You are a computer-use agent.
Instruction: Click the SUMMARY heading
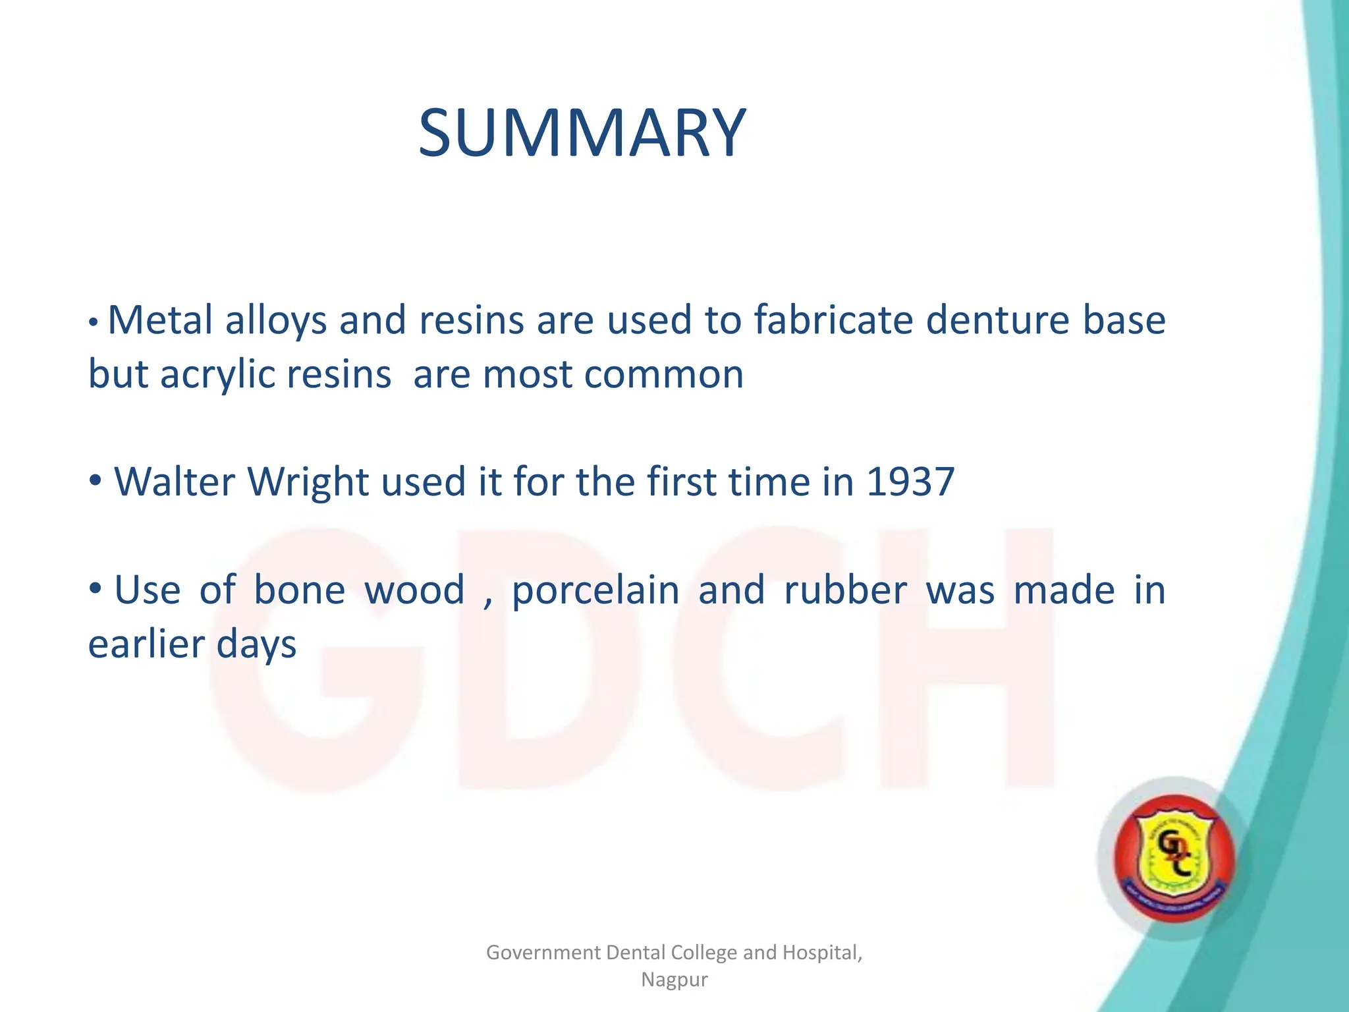(582, 134)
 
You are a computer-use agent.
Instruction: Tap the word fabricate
(832, 321)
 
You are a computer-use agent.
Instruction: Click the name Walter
(175, 482)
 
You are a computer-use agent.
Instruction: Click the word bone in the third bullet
(299, 590)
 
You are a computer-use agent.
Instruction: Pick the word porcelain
(595, 591)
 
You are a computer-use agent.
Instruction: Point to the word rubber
(845, 590)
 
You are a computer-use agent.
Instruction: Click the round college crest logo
(1174, 858)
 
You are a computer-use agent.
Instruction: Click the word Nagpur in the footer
(674, 980)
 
